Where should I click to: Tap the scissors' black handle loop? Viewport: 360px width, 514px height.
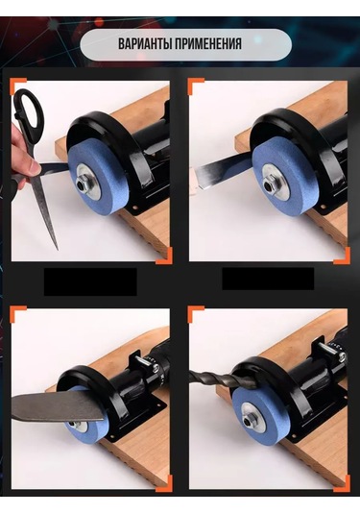point(29,113)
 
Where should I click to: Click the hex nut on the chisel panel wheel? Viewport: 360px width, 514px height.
point(267,184)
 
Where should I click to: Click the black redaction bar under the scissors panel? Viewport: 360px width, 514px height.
point(90,281)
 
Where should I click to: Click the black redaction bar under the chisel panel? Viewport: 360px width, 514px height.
point(268,279)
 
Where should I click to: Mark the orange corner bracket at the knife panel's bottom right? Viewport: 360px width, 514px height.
point(165,485)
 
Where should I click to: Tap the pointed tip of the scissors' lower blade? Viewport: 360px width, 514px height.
point(58,250)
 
